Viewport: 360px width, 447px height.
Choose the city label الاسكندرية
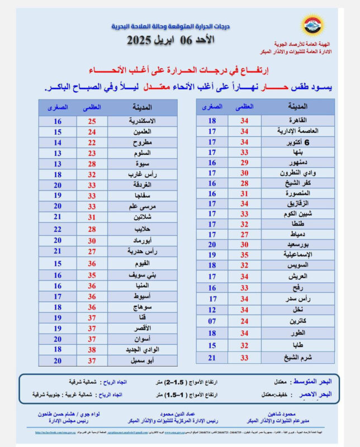tap(141, 121)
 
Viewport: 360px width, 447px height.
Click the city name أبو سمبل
tap(141, 360)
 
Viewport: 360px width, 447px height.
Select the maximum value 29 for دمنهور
tap(244, 163)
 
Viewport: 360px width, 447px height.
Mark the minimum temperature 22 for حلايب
tap(58, 230)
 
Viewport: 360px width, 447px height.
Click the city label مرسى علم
tap(141, 206)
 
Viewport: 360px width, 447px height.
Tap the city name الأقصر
tap(141, 329)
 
